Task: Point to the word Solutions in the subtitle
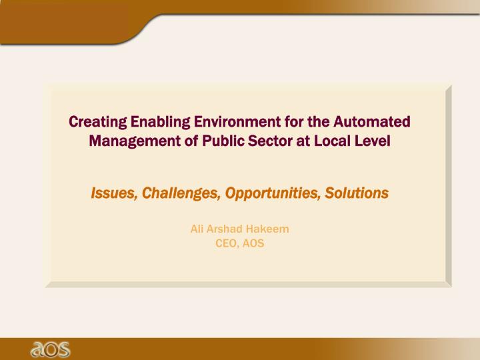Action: [x=357, y=193]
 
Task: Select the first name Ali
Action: [x=197, y=229]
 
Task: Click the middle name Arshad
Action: [x=224, y=229]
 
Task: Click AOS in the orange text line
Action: [x=253, y=243]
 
